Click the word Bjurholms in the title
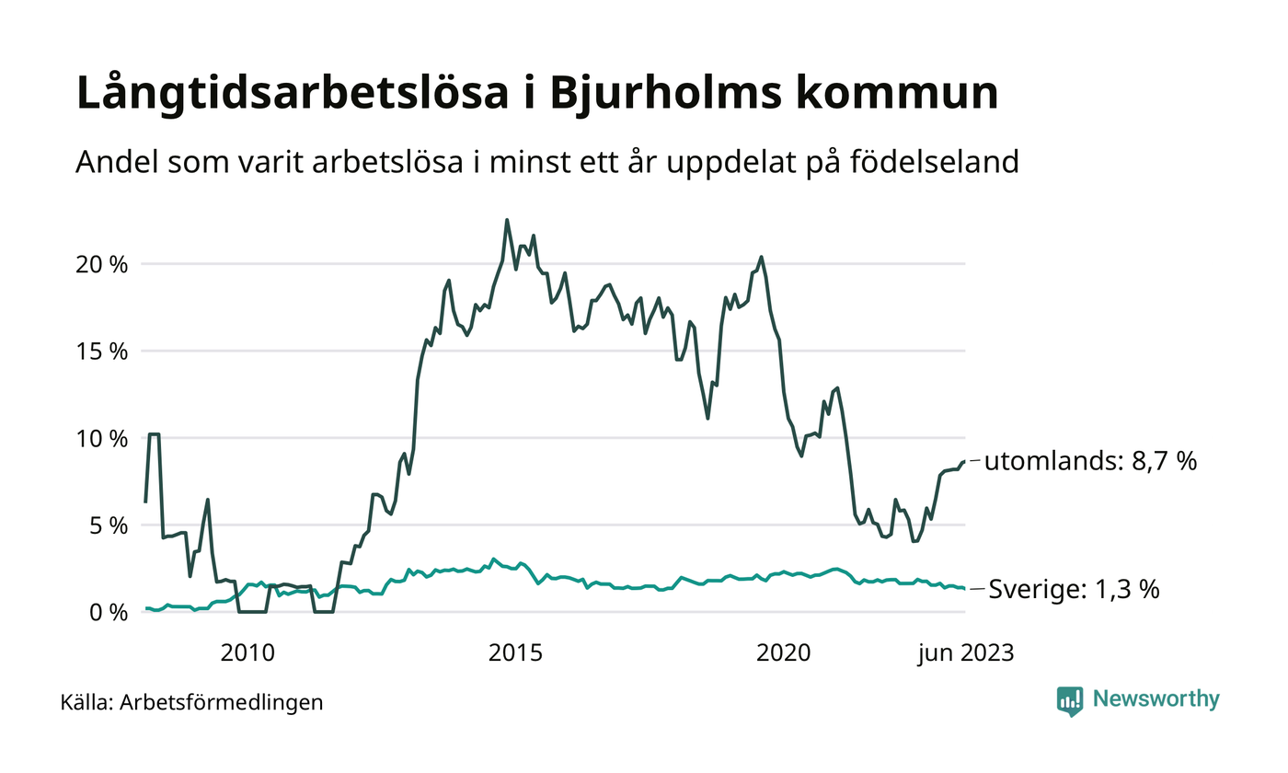pos(644,95)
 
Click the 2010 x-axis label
pos(247,653)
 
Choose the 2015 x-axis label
pos(515,653)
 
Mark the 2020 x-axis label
pos(783,653)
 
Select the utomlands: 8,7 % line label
pos(1090,461)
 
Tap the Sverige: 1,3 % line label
pos(1074,590)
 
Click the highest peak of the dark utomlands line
pos(507,220)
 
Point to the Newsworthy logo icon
pos(1070,701)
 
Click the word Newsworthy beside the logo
pos(1156,699)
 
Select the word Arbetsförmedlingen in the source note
pos(222,703)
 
